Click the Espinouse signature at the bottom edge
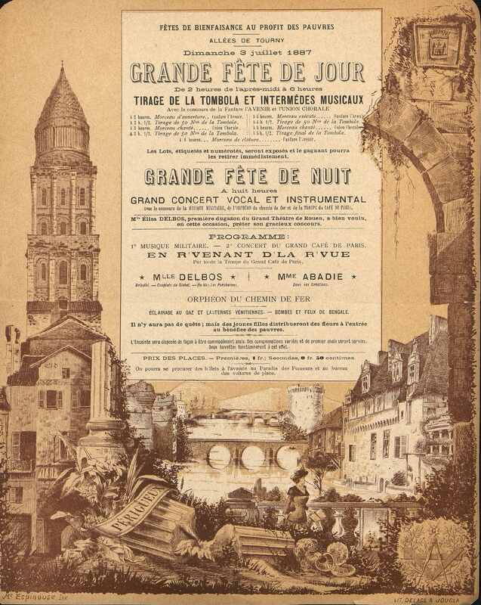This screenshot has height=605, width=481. [34, 598]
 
